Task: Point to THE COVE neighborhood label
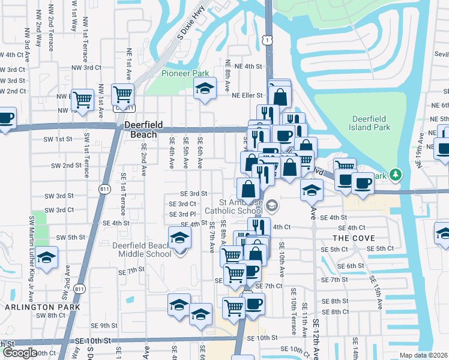[x=349, y=238]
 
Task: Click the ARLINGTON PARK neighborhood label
[x=34, y=307]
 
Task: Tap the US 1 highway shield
[x=268, y=38]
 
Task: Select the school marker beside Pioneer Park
[x=205, y=88]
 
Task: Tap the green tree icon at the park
[x=395, y=175]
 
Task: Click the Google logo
[x=19, y=353]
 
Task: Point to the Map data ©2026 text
[x=423, y=355]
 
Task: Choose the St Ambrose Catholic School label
[x=234, y=206]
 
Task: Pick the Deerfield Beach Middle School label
[x=142, y=250]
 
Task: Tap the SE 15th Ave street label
[x=375, y=293]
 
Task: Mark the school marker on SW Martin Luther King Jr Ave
[x=46, y=257]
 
